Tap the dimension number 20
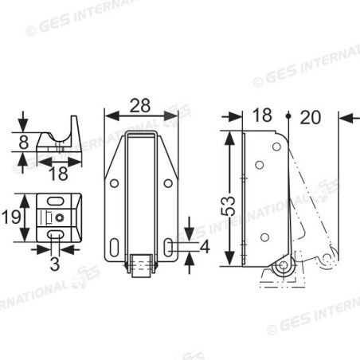[311, 117]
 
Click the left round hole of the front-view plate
[115, 184]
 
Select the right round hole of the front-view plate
[167, 184]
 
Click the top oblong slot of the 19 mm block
[57, 202]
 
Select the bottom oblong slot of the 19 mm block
[54, 237]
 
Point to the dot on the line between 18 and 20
[287, 116]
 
